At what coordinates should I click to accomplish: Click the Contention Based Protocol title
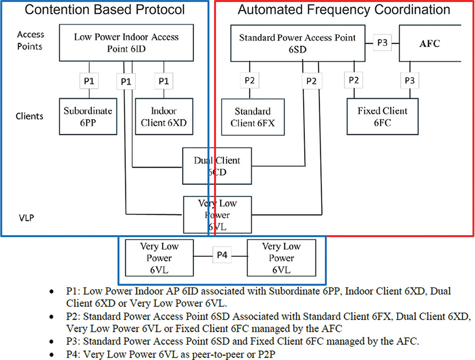pos(104,9)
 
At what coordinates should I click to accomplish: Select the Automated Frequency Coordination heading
pos(343,9)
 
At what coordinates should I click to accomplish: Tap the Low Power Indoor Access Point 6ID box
pos(126,43)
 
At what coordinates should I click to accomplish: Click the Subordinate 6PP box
pos(88,116)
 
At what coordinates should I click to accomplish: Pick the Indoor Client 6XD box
pos(164,116)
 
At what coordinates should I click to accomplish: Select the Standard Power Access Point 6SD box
pos(298,43)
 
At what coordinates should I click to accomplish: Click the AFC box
pos(429,43)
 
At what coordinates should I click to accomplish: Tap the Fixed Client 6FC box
pos(382,116)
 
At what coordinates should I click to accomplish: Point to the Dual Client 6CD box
pos(217,166)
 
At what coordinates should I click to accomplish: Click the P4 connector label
pos(222,255)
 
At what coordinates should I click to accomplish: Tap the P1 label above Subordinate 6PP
pos(88,81)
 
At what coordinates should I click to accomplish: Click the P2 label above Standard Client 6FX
pos(250,81)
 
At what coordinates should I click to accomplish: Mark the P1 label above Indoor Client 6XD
pos(164,81)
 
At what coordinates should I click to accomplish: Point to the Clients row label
pos(29,116)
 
